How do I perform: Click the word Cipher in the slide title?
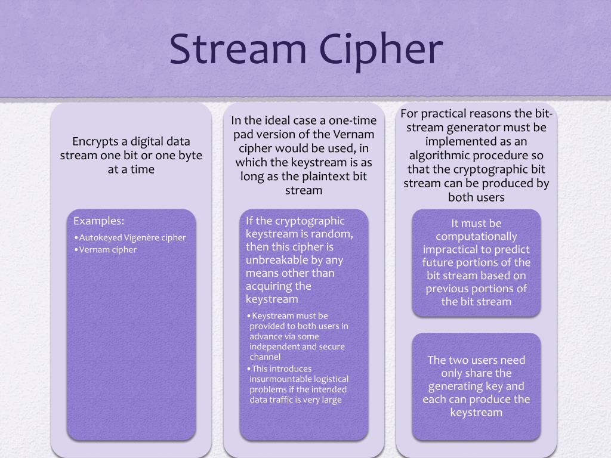point(377,50)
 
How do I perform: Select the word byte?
point(189,156)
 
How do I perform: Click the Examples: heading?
point(98,221)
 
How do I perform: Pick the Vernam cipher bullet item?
point(107,249)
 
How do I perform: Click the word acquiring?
point(271,286)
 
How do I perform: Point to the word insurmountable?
point(279,379)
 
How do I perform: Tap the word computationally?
point(476,237)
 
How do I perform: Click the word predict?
point(511,249)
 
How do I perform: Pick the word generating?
point(462,386)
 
